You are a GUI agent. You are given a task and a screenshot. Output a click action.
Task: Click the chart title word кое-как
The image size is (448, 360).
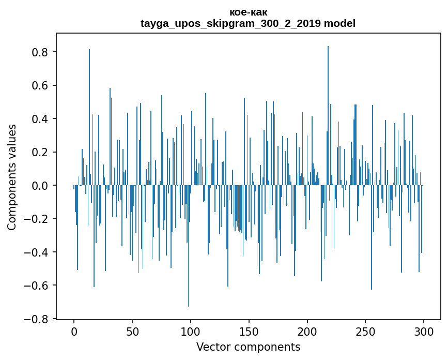point(248,12)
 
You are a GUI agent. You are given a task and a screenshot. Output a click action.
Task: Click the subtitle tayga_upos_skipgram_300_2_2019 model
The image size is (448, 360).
point(248,23)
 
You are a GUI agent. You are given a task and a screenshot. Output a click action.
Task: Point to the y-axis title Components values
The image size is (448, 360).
point(12,177)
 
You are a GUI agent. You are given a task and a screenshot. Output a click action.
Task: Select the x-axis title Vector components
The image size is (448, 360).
point(248,347)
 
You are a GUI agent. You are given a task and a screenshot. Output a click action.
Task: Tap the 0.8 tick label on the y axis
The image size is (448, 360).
point(39,52)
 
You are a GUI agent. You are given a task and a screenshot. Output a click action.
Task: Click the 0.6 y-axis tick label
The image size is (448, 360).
point(39,85)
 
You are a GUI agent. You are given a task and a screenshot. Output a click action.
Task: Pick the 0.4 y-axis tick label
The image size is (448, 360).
point(39,119)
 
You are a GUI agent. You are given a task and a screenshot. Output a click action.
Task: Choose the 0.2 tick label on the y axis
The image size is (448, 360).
point(39,152)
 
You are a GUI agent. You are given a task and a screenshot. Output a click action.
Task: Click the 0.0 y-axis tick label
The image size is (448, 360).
point(39,185)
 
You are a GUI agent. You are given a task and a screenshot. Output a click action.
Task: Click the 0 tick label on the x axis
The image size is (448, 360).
point(74,331)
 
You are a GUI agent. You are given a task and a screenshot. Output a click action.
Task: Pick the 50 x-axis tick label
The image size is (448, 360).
point(132,331)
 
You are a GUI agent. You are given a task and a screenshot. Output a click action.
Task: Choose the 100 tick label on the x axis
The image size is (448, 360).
point(191,331)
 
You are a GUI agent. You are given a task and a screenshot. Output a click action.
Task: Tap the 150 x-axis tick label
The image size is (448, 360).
point(249,331)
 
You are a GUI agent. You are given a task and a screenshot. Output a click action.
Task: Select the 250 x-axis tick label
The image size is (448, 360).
point(365,331)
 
